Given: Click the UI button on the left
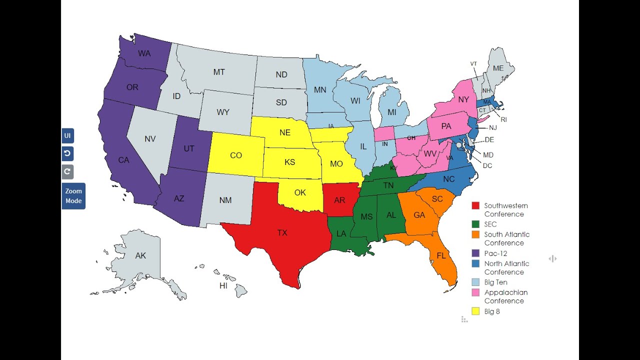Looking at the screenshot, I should tap(67, 136).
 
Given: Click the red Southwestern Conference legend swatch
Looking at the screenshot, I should tap(475, 205).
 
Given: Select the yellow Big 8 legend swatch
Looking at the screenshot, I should tap(475, 311).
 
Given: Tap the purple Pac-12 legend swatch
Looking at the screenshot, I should tap(475, 253).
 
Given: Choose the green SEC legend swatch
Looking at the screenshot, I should tap(475, 224).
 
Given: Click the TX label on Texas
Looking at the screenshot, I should tap(282, 232).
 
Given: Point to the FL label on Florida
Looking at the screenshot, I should tap(441, 255).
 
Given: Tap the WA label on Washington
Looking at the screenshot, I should tap(144, 53).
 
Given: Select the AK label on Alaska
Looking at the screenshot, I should tap(140, 255).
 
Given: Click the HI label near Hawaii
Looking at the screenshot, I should tap(223, 286).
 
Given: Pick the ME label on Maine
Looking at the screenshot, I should tap(498, 68).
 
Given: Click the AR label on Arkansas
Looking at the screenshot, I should tap(339, 200).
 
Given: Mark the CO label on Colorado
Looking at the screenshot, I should tap(236, 155).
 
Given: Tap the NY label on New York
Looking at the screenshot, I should tap(463, 99).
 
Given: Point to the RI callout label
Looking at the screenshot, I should tap(503, 120).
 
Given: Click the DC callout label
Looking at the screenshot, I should tap(487, 165).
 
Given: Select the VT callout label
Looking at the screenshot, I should tap(473, 64).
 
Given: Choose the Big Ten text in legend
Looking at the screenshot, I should tap(495, 282).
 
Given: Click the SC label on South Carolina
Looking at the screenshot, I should tap(437, 199).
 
